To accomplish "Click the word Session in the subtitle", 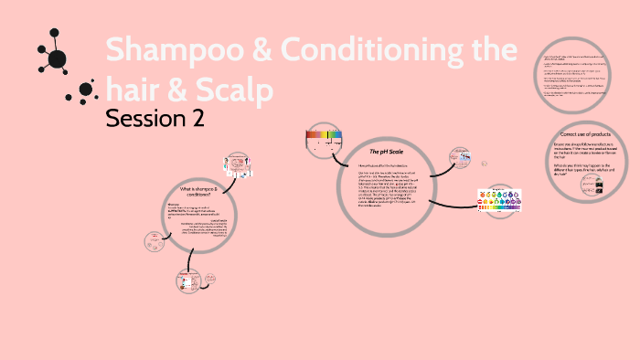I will tap(145, 118).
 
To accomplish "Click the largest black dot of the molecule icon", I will tap(57, 59).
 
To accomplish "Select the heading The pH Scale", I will tap(386, 150).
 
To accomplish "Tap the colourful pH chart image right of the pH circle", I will tap(501, 200).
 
